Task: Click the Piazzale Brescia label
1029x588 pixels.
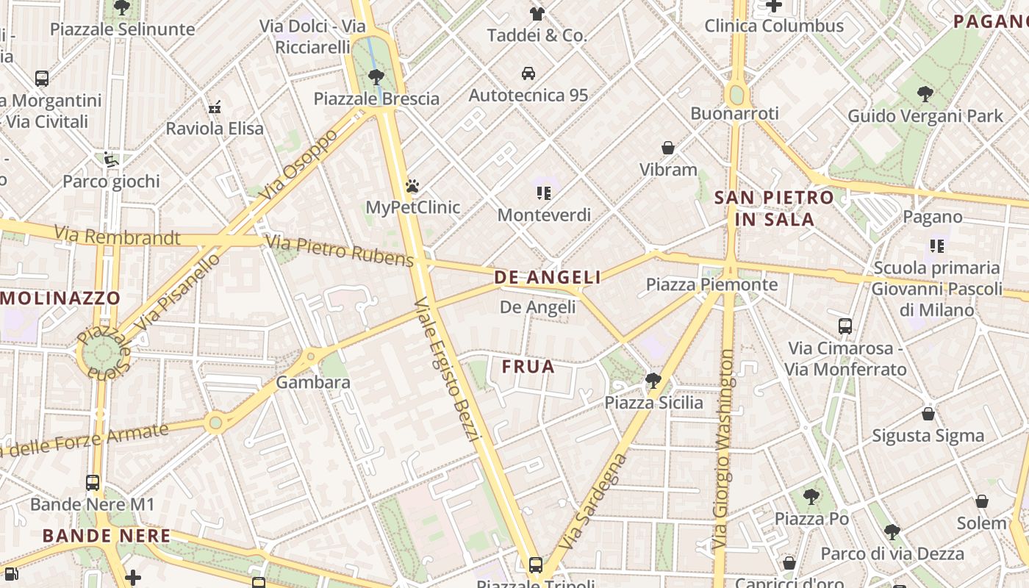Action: click(376, 99)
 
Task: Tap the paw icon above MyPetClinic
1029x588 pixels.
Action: click(412, 186)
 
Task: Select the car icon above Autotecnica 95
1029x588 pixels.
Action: click(528, 73)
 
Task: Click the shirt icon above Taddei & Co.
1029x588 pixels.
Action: click(537, 13)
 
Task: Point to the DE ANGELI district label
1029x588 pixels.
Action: click(548, 277)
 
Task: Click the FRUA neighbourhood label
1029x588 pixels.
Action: click(528, 367)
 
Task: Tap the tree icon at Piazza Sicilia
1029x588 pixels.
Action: click(653, 381)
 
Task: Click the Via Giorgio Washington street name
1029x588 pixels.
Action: click(723, 450)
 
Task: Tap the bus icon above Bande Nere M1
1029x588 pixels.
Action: click(93, 483)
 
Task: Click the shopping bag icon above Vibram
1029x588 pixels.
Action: click(668, 148)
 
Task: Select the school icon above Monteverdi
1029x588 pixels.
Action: click(544, 193)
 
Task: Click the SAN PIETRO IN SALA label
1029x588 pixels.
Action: click(774, 208)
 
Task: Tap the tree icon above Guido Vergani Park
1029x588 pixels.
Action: click(925, 94)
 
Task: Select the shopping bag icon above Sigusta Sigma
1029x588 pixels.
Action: click(928, 415)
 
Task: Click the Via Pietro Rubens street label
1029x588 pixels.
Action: click(340, 251)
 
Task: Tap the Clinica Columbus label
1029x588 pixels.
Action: click(774, 26)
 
